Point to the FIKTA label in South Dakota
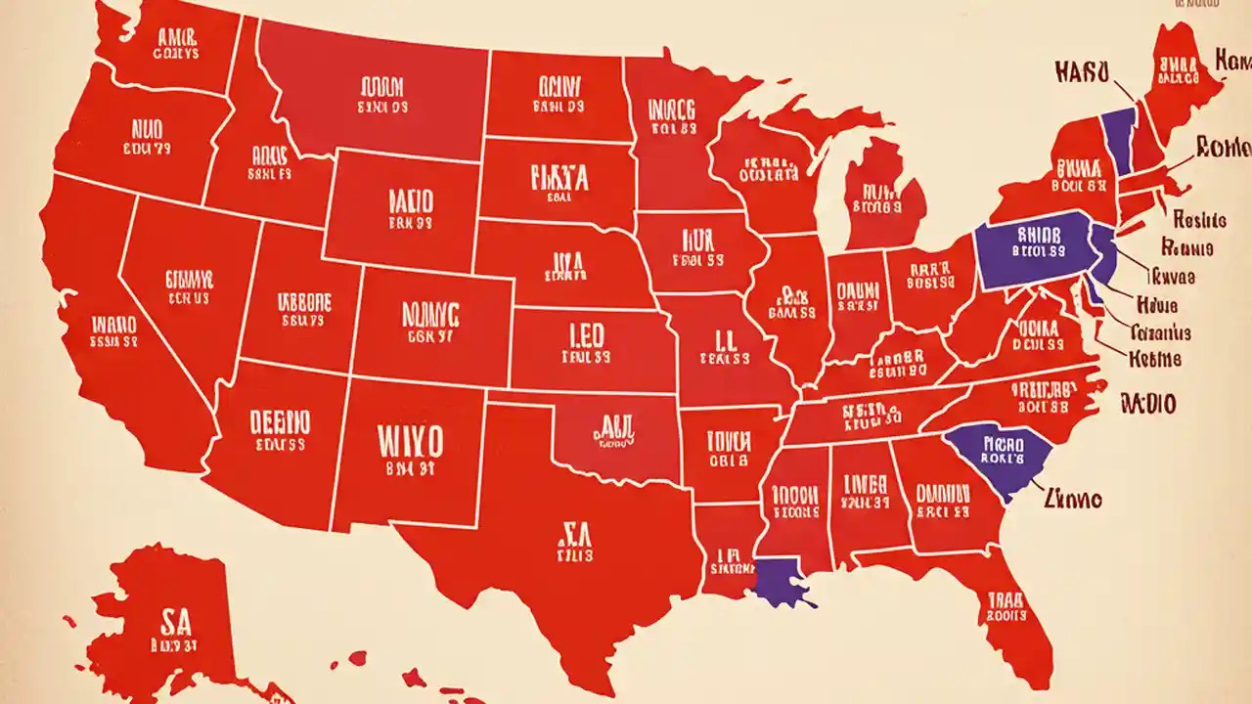(x=559, y=178)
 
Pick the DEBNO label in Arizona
(x=280, y=422)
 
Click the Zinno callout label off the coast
(x=1073, y=500)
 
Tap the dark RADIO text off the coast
(x=1148, y=403)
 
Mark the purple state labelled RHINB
(x=1034, y=249)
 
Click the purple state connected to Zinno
(x=990, y=453)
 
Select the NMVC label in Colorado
(x=429, y=314)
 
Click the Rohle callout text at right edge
(x=1223, y=148)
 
